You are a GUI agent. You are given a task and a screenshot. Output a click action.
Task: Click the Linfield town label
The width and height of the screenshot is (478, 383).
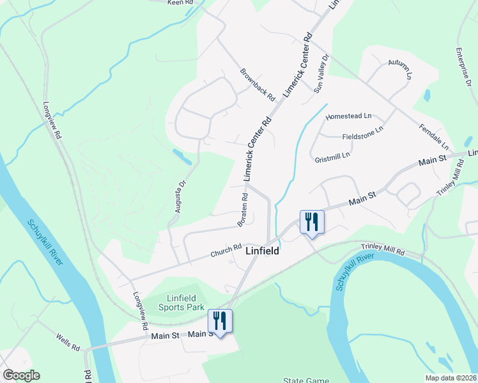coord(262,252)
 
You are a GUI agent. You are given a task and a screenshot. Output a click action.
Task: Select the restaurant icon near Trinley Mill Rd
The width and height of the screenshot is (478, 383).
coord(312,223)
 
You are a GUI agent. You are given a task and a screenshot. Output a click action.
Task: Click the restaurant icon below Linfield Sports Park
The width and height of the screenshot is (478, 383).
coord(219,320)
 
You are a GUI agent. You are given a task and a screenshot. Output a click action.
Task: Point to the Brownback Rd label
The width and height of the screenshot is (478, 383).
coord(258,85)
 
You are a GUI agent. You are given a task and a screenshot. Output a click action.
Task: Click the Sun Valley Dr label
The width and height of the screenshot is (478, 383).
coord(321,73)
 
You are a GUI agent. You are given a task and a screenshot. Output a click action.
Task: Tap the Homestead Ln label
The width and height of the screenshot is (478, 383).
coord(348,117)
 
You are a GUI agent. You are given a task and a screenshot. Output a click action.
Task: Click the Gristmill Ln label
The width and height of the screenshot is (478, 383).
coord(332,156)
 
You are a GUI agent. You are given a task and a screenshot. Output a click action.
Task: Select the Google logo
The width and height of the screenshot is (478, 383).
coord(21,375)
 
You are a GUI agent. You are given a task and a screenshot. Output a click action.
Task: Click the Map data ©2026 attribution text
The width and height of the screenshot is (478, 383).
coord(451,378)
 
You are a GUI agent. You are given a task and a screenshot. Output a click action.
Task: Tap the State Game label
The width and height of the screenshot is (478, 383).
coord(306,380)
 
